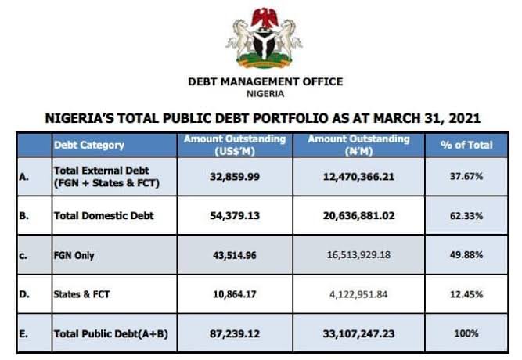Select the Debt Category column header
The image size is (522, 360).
pos(88,145)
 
